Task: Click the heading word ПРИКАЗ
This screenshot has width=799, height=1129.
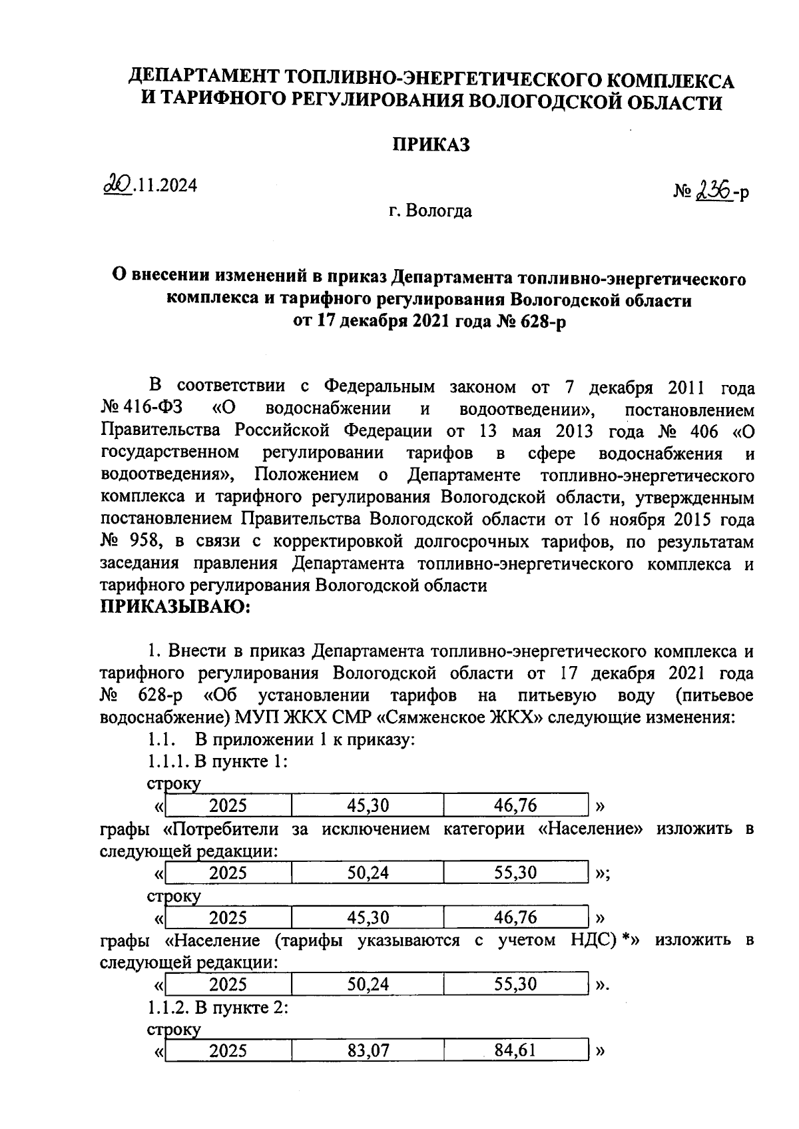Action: (431, 145)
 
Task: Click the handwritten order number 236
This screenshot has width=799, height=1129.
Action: (714, 192)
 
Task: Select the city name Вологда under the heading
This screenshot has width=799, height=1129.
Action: (439, 211)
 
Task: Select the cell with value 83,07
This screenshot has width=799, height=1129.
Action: (368, 1051)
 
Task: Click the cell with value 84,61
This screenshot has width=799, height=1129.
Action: (515, 1051)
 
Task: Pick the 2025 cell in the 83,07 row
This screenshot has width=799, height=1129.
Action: (228, 1051)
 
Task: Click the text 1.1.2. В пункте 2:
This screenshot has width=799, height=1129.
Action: (217, 1008)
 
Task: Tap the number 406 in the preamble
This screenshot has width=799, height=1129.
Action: (703, 432)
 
